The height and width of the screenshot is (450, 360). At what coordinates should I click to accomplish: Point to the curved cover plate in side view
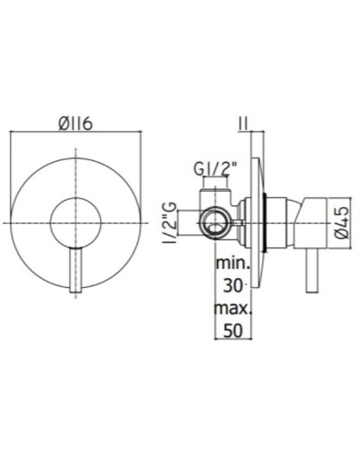point(261,220)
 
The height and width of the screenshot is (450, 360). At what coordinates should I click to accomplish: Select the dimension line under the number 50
point(234,340)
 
